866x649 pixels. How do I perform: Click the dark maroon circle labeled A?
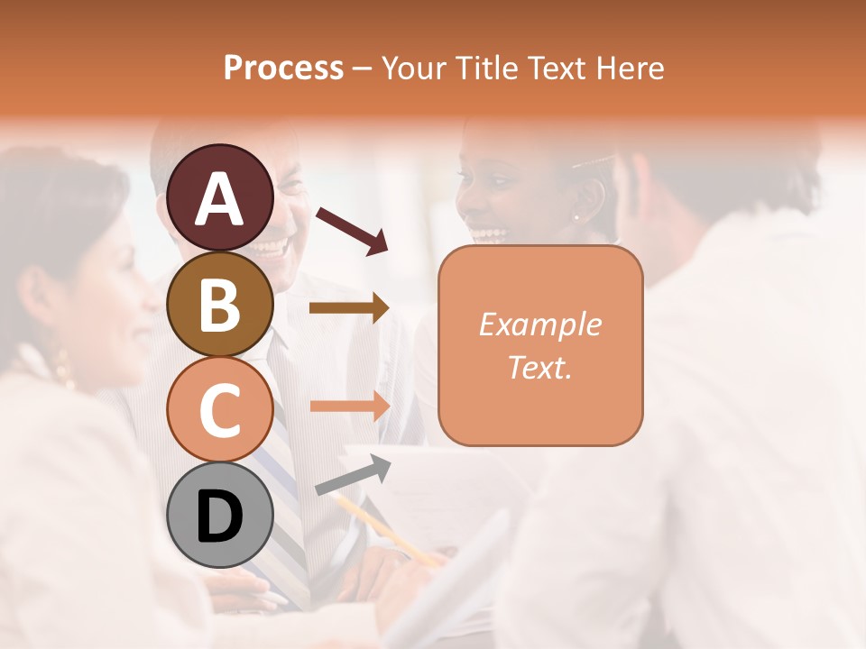220,197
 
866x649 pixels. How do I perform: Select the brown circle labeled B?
220,304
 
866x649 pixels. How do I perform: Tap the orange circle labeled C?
220,409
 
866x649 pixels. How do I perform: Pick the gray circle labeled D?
220,515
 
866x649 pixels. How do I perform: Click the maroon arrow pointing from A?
352,229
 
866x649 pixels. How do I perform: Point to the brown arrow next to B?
349,308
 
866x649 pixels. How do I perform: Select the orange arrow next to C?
349,406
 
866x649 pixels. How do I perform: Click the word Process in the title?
283,68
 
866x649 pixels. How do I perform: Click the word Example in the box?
540,324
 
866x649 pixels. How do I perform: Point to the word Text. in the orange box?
540,367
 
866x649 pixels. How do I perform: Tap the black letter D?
220,516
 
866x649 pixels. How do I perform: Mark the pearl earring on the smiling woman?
576,216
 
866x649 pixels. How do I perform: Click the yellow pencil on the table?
388,532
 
